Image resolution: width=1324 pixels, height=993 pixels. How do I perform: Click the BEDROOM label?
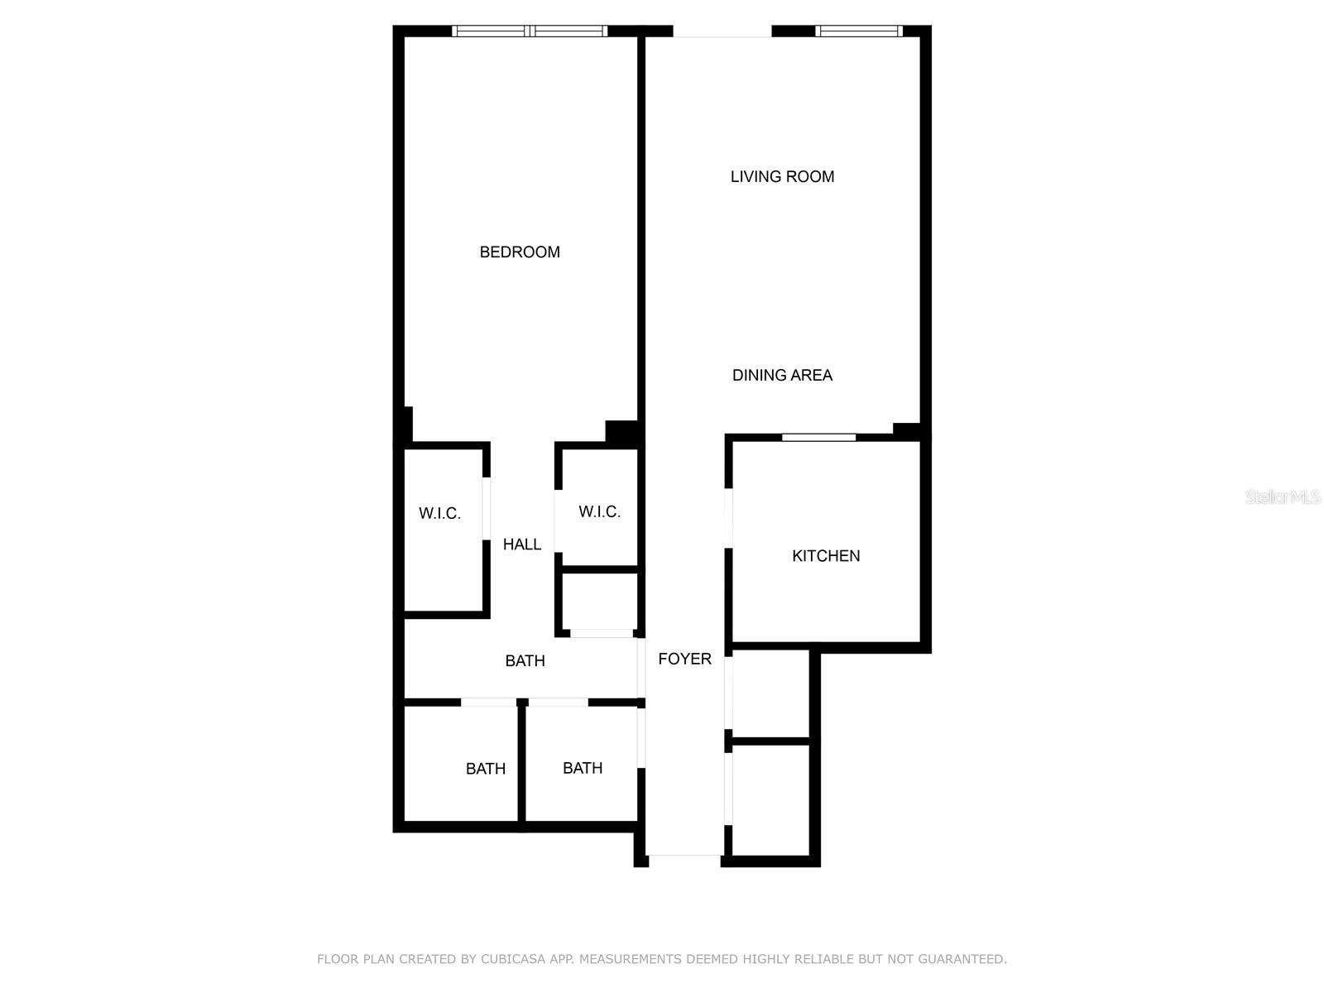point(520,252)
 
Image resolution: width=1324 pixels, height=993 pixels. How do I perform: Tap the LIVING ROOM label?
point(782,176)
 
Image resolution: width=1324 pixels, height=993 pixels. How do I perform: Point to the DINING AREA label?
point(782,375)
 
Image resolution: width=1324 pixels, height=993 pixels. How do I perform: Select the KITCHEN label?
point(826,556)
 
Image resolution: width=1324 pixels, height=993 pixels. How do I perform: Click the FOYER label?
point(684,659)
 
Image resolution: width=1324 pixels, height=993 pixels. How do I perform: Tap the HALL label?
point(522,544)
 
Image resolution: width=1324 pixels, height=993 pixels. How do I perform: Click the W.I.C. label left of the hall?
point(439,514)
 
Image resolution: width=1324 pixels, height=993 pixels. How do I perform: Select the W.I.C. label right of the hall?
point(599,512)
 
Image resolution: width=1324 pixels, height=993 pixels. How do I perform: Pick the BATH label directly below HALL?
point(525,661)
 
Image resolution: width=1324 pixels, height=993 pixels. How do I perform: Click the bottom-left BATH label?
point(485,769)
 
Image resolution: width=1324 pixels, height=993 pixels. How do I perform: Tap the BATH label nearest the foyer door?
point(583,768)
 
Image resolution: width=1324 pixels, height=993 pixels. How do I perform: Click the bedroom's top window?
point(530,31)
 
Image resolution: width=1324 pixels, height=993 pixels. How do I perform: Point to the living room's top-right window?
point(858,31)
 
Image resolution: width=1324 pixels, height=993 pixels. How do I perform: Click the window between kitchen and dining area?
point(818,437)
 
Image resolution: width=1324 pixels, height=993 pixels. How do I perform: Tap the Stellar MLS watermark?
point(1282,497)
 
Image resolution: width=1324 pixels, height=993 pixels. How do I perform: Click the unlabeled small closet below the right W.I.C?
point(599,601)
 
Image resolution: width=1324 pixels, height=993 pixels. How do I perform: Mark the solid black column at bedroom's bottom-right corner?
point(621,432)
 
